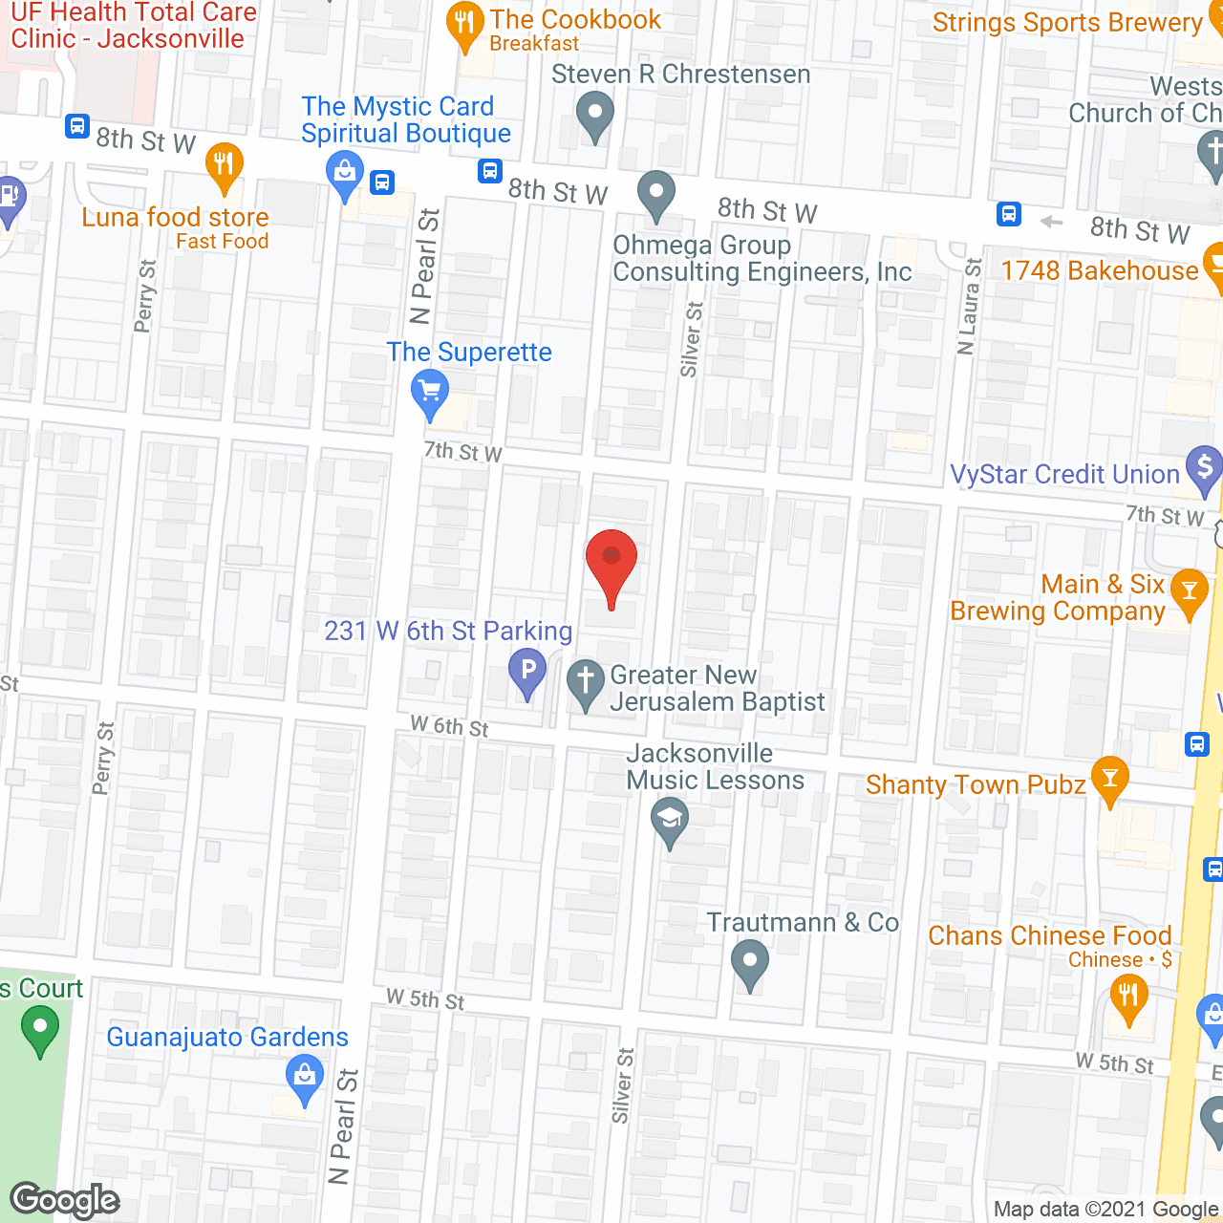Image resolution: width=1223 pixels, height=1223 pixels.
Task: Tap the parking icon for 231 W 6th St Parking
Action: (526, 671)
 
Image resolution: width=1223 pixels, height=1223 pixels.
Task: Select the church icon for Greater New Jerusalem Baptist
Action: (586, 682)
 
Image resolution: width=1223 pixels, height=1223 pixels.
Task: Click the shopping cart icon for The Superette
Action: (430, 393)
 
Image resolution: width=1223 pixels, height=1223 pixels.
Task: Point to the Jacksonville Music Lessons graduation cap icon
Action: (670, 820)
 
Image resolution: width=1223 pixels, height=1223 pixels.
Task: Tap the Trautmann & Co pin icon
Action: (750, 962)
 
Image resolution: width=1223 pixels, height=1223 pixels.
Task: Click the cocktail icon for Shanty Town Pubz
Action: (1109, 779)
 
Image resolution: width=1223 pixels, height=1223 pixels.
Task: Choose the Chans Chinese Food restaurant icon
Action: (1128, 997)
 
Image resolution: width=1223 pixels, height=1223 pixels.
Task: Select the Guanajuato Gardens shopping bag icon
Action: (305, 1077)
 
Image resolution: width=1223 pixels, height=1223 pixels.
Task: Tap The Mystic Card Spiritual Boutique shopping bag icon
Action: (344, 174)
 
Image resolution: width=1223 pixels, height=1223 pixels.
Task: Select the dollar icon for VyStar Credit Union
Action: (1204, 468)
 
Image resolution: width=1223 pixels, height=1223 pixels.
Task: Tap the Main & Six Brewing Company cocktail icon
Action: (1190, 591)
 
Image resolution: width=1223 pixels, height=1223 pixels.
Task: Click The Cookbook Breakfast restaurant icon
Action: (464, 24)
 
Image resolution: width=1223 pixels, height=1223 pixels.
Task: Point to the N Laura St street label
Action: (969, 307)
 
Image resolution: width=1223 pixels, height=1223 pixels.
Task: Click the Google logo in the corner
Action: (64, 1200)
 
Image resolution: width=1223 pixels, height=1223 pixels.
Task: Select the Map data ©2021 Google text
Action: (1106, 1210)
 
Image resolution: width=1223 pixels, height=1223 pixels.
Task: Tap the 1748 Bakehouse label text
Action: (1099, 271)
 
